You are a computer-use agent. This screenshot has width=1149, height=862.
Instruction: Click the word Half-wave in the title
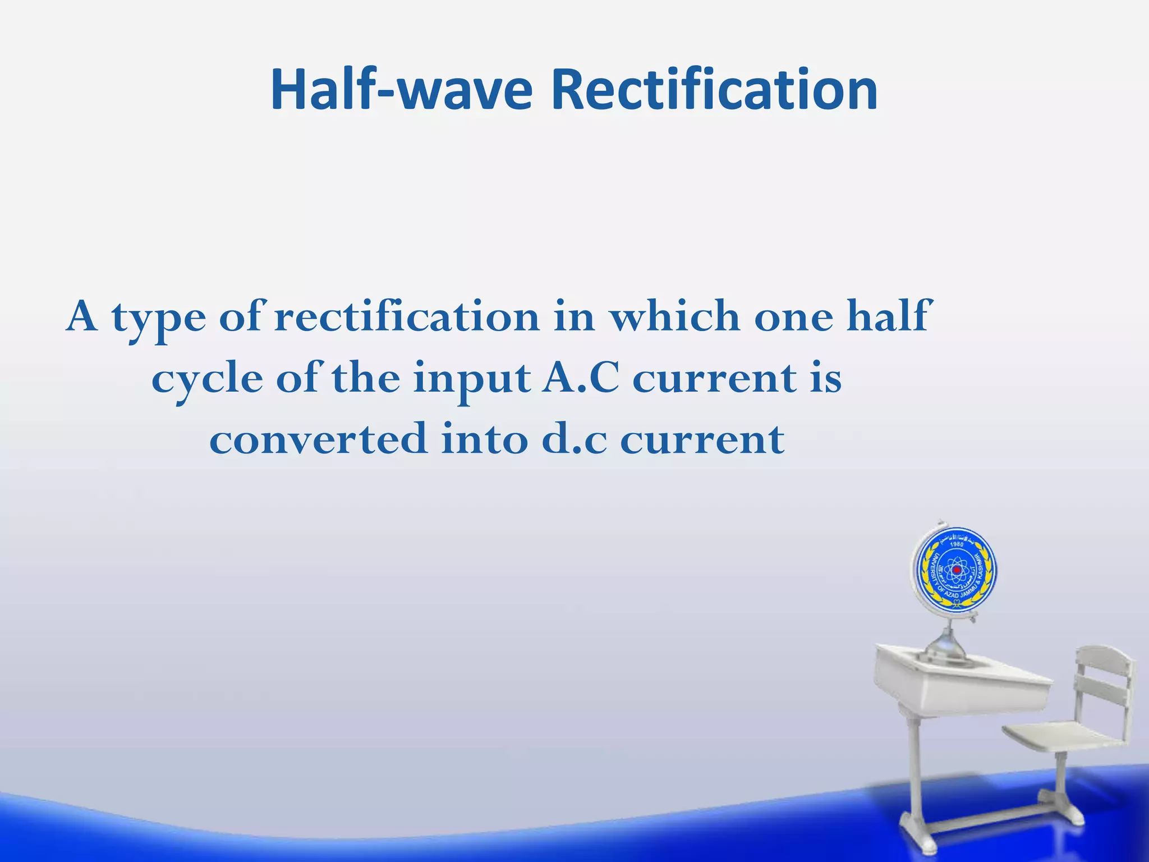(401, 90)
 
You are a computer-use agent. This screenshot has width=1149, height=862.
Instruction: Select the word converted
(318, 439)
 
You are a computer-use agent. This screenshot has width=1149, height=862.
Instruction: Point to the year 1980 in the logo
(956, 544)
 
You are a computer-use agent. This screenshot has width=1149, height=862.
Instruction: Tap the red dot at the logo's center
(957, 570)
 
